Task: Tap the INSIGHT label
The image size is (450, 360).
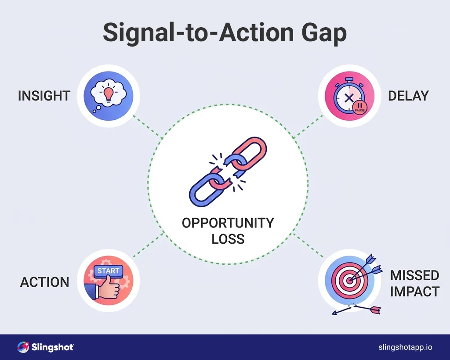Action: click(x=44, y=96)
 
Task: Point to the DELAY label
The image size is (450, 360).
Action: click(x=408, y=96)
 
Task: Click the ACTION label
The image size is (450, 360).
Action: click(x=45, y=282)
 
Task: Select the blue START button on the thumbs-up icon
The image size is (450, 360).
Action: click(x=108, y=271)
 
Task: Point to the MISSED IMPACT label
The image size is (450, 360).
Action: click(x=414, y=283)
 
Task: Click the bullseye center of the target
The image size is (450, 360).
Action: click(x=349, y=279)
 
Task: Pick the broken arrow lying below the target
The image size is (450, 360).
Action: click(x=356, y=310)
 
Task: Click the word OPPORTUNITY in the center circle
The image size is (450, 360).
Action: click(x=228, y=223)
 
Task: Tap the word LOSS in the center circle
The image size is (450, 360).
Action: click(x=228, y=239)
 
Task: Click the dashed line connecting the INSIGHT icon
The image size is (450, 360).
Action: click(x=148, y=128)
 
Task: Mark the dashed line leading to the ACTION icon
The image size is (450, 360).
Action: click(x=149, y=245)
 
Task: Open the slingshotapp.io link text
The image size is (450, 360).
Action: click(x=405, y=347)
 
